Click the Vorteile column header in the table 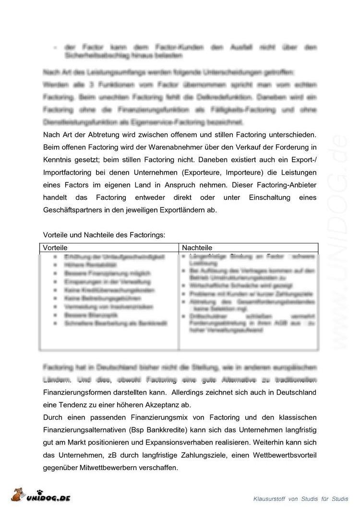click(x=56, y=248)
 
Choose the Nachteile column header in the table click(x=197, y=248)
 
